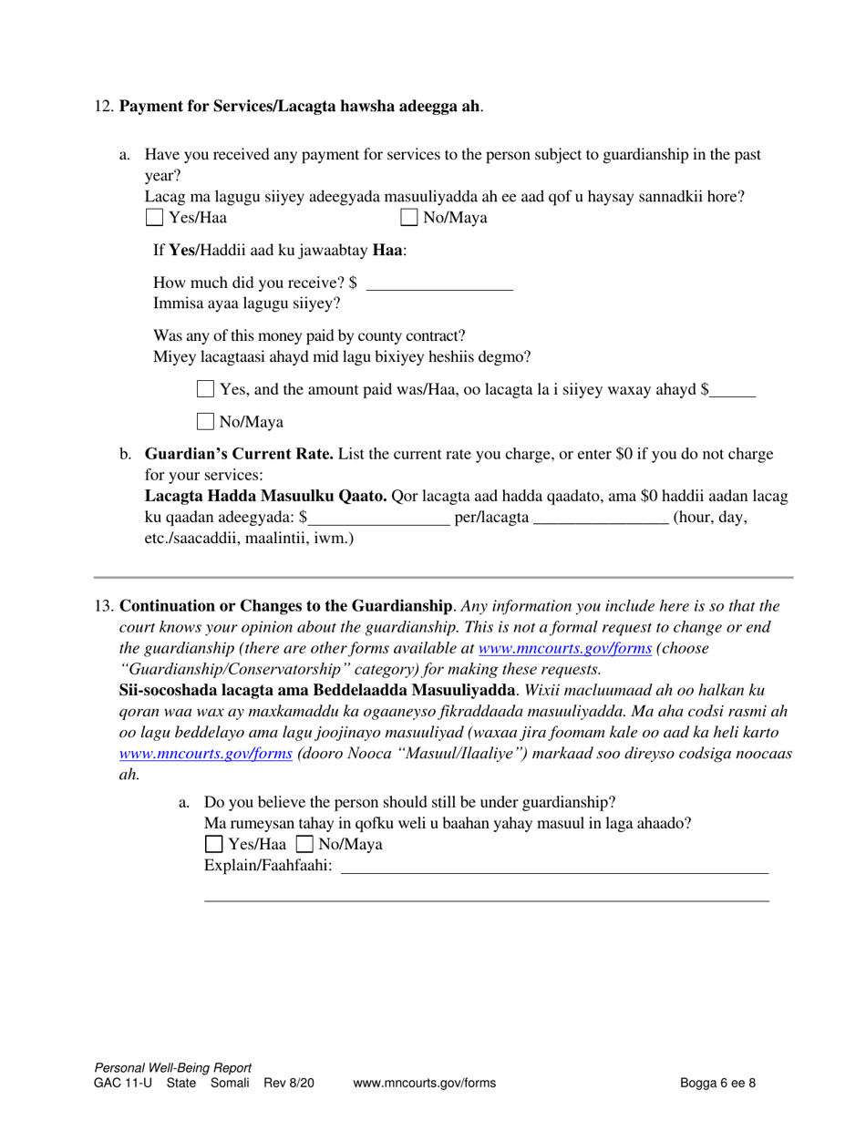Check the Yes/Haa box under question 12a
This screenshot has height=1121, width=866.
155,218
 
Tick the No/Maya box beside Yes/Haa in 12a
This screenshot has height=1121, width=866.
409,218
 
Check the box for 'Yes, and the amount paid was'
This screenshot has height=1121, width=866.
206,389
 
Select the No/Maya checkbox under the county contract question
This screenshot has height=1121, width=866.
206,422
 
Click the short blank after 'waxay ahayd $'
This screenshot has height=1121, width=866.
733,391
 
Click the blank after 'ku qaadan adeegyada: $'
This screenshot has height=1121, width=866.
378,519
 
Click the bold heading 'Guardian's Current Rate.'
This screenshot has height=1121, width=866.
239,454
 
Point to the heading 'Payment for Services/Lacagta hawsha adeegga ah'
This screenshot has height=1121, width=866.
300,107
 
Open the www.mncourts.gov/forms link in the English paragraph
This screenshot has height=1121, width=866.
564,649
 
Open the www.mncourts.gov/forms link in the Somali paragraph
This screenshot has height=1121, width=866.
206,754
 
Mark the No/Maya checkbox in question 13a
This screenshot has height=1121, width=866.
304,845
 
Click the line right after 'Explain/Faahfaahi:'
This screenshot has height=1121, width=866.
554,866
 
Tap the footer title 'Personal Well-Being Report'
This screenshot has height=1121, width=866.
172,1068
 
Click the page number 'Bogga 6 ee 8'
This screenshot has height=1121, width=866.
717,1084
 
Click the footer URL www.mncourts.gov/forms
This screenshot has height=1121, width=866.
424,1084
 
